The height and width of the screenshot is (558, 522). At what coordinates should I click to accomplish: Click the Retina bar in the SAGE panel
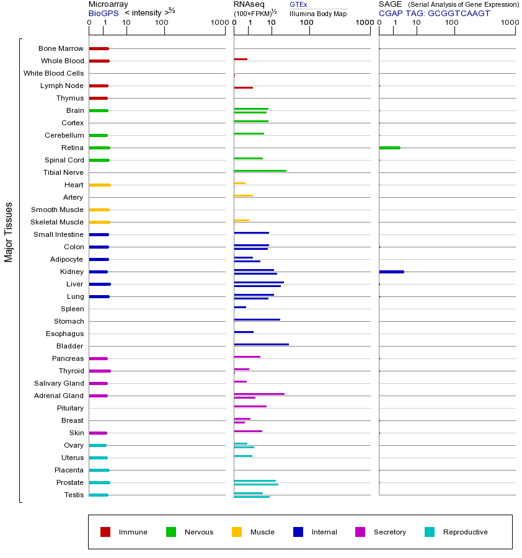pos(389,148)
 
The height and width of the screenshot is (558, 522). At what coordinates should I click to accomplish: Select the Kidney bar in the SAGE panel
pos(391,272)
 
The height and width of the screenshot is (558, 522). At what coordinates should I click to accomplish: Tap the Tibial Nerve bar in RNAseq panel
pos(260,170)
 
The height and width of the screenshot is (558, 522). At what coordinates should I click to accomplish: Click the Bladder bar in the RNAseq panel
pos(261,344)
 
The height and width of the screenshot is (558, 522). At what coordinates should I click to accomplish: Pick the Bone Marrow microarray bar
pos(99,48)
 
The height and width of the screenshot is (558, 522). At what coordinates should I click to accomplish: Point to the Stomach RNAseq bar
pos(257,319)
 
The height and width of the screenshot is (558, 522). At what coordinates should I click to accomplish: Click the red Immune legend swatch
pos(105,532)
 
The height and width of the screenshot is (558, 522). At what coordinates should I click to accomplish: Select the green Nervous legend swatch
pos(171,532)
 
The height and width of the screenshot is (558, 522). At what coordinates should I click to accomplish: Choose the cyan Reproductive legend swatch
pos(430,532)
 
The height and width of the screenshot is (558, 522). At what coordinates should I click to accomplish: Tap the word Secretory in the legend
pos(389,532)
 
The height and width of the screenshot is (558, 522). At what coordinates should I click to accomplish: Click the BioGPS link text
pos(102,13)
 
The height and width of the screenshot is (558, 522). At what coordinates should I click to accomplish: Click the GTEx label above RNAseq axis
pos(298,4)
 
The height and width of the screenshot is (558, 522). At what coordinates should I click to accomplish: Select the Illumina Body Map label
pos(318,13)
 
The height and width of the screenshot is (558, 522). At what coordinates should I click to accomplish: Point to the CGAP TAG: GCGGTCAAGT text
pos(434,13)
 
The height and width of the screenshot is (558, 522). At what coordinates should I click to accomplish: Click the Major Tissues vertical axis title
pos(9,232)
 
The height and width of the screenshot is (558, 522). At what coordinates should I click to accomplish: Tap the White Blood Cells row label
pos(53,73)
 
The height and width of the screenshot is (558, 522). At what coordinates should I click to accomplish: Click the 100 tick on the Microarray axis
pos(162,23)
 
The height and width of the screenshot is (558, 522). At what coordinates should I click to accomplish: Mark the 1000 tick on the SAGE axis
pos(509,23)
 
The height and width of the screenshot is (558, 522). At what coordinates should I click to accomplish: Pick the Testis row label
pos(74,495)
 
